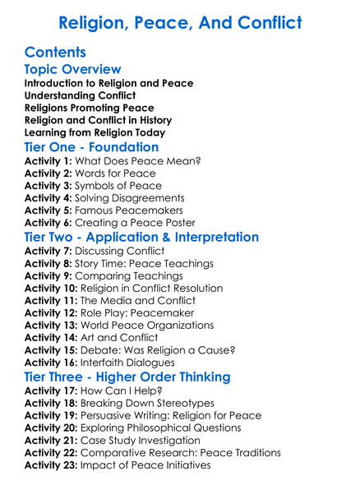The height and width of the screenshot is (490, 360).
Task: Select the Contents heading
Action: coord(56,53)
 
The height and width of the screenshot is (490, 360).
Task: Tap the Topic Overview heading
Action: coord(72,69)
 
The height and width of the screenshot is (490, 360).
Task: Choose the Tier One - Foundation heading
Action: coord(92,147)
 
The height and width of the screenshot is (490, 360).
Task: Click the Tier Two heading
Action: coord(141,238)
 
